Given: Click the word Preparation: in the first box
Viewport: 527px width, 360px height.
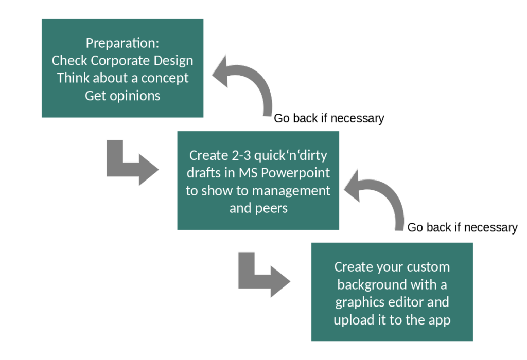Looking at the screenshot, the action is (x=122, y=43).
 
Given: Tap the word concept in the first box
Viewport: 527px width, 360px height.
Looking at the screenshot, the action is (x=165, y=78).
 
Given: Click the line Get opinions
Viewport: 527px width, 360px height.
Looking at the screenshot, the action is (x=122, y=96).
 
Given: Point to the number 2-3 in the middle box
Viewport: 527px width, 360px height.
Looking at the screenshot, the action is (x=241, y=155).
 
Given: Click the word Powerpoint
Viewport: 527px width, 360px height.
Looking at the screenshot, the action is (x=295, y=173).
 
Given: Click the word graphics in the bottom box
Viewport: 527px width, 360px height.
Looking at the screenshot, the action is (x=356, y=302).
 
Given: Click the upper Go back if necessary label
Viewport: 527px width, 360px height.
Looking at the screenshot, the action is (x=329, y=119).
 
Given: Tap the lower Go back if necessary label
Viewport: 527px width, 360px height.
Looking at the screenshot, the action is (x=463, y=228).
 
